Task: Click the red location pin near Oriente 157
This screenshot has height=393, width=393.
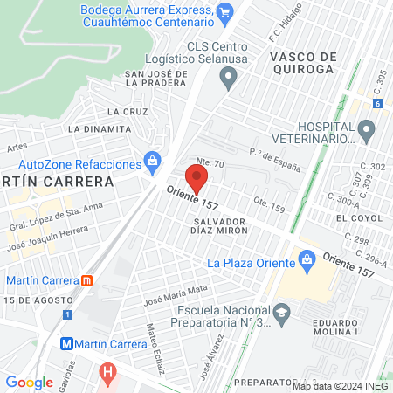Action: point(197,178)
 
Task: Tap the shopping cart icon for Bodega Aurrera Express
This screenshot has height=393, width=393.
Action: point(225,11)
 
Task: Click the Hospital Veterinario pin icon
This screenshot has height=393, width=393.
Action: point(366,132)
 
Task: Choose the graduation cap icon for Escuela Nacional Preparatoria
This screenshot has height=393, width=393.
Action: point(281,312)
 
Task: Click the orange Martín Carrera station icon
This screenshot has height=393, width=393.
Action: point(86,280)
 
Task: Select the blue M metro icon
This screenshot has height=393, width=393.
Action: point(66,344)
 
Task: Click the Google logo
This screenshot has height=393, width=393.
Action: point(29,382)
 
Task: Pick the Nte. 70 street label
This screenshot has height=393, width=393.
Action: point(211,163)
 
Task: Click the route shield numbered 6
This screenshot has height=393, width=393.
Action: point(376,103)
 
